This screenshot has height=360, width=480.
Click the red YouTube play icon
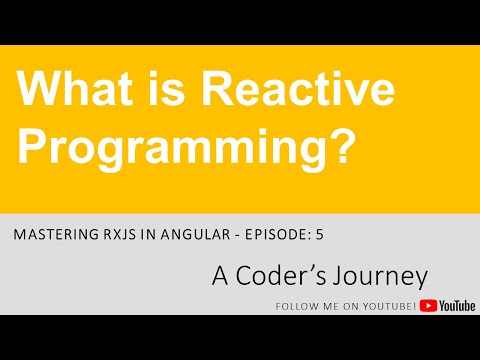pos(427,306)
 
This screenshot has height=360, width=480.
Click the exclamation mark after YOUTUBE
pos(414,306)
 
